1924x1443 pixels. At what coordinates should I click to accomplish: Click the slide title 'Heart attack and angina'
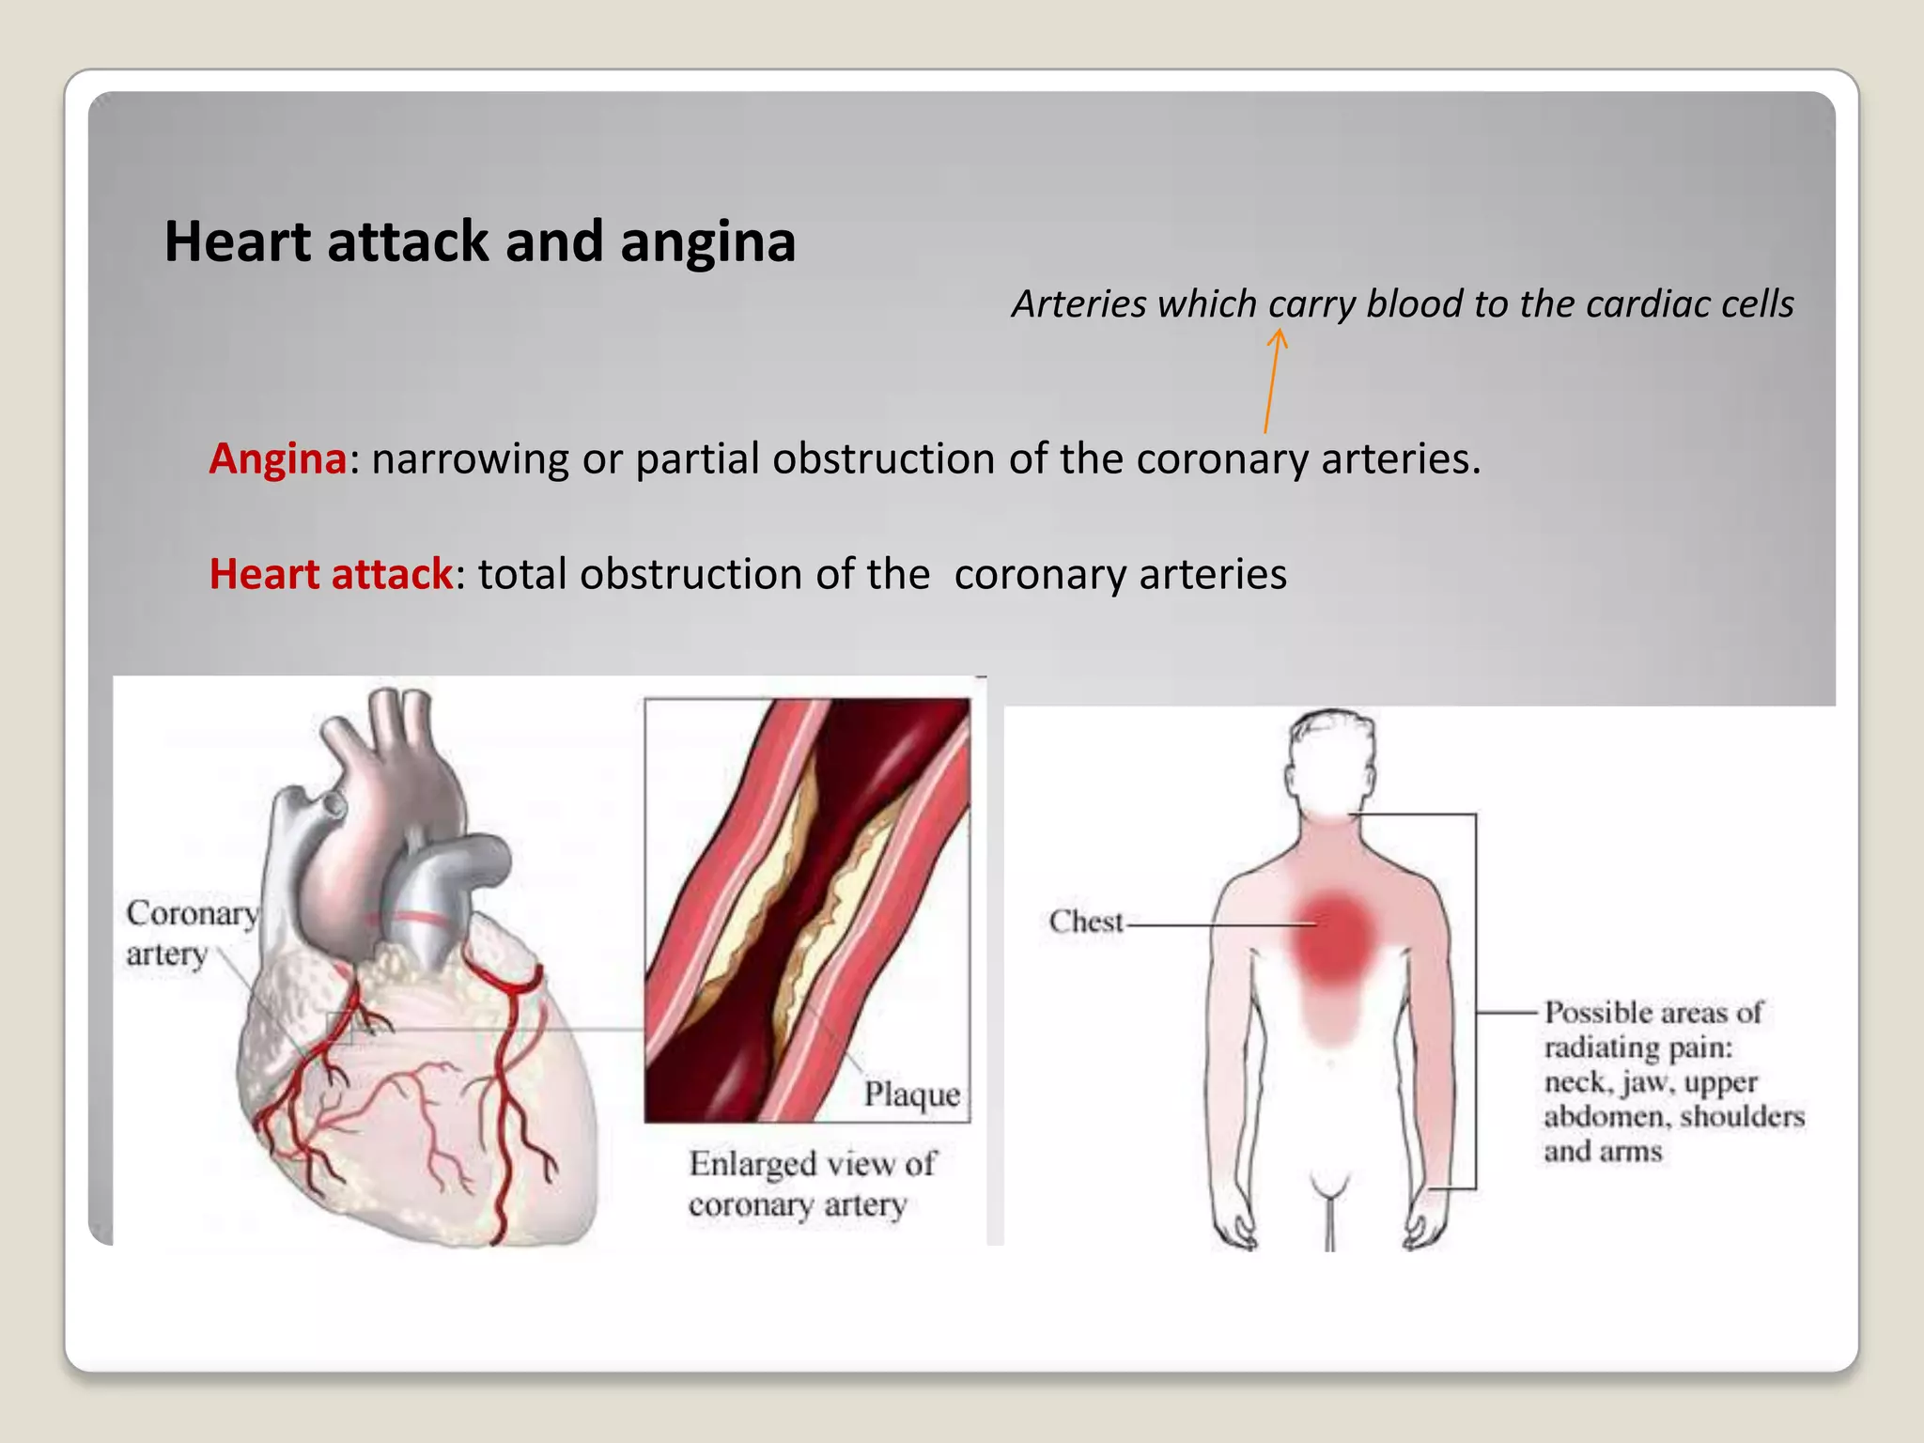480,241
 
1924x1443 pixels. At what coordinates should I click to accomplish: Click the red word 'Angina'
278,459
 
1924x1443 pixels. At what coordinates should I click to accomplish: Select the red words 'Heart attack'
331,574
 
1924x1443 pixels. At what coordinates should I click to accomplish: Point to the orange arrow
1273,380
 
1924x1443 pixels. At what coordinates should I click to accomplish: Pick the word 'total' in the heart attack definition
521,574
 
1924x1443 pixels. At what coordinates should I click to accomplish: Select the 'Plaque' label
911,1094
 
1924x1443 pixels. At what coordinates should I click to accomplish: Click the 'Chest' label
1085,922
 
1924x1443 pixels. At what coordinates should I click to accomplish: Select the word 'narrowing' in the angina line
471,459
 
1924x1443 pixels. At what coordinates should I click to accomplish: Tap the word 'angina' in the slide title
707,241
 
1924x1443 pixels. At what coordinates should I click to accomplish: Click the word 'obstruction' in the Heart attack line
691,574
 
